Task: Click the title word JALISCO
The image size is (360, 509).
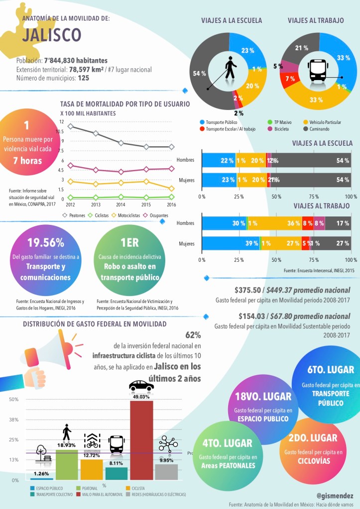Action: point(52,35)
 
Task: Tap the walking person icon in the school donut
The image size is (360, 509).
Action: point(230,68)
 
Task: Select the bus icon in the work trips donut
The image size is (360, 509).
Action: point(317,70)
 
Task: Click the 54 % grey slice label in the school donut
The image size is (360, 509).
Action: point(200,73)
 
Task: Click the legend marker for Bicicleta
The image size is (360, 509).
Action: point(270,129)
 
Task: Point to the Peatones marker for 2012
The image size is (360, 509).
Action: point(70,126)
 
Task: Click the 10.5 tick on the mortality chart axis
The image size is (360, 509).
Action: point(60,131)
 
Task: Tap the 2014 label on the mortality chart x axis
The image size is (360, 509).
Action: point(121,204)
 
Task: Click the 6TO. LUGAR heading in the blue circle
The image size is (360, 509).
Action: point(331,370)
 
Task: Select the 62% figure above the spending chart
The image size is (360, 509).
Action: point(193,335)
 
